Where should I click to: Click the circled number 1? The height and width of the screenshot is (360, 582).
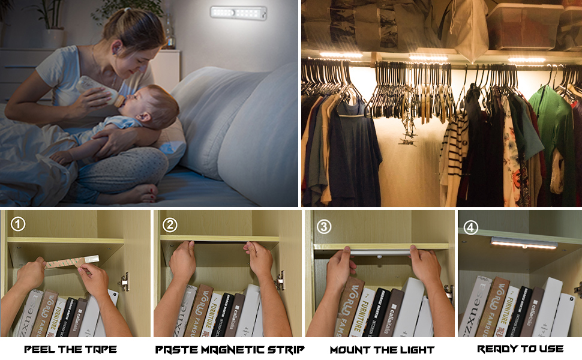19,224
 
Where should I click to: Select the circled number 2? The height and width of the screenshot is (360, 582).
170,225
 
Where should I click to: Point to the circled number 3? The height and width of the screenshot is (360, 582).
324,226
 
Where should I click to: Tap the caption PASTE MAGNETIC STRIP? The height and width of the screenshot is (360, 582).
230,349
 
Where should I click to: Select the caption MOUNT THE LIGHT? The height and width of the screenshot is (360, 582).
382,349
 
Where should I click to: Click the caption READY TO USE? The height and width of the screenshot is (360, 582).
520,349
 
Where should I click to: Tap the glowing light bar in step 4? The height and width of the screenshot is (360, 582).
524,243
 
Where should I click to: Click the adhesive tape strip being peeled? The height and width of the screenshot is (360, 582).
72,262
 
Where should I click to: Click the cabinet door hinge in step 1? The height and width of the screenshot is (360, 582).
124,281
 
